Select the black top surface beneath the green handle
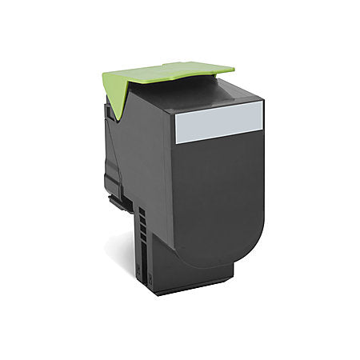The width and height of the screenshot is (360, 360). pyautogui.click(x=216, y=94)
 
